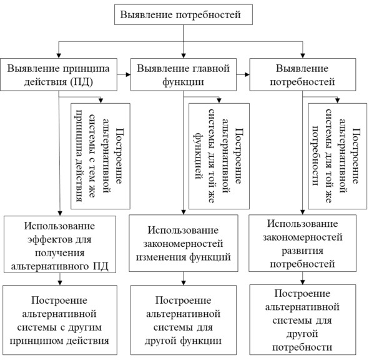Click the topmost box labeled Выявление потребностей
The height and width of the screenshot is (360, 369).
tap(184, 14)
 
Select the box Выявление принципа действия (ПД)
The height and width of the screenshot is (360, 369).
tap(59, 74)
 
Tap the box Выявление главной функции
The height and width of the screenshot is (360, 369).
tap(184, 74)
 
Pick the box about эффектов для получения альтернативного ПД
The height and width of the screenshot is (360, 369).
tap(60, 244)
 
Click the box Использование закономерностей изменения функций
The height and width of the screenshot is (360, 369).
tap(184, 243)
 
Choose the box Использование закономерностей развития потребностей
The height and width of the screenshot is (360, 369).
tap(302, 243)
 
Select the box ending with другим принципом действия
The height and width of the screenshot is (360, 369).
tap(60, 320)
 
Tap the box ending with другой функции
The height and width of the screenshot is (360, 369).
tap(184, 320)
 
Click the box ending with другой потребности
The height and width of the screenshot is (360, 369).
tap(303, 319)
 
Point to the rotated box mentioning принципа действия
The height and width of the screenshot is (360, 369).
tap(101, 156)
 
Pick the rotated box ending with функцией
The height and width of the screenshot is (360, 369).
tap(219, 156)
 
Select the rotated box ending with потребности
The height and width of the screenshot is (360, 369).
tap(337, 156)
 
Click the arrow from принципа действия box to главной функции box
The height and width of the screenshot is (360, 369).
tap(124, 74)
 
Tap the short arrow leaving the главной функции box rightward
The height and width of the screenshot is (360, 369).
tap(243, 74)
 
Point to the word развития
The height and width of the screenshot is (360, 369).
tap(302, 251)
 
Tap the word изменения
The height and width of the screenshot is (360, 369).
tap(161, 257)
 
